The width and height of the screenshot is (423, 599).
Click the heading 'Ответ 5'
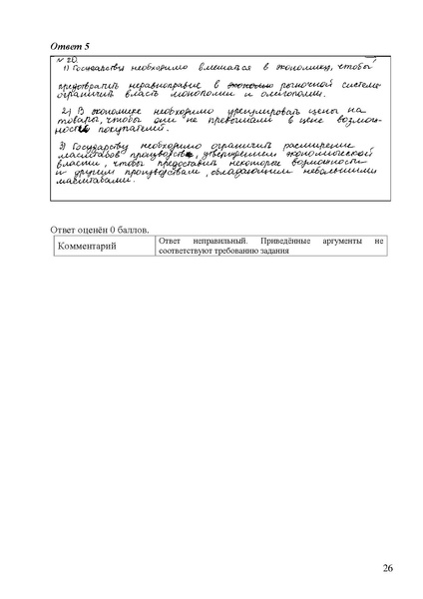[69, 46]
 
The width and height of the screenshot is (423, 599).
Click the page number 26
[387, 569]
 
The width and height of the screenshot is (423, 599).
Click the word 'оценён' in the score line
[102, 229]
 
